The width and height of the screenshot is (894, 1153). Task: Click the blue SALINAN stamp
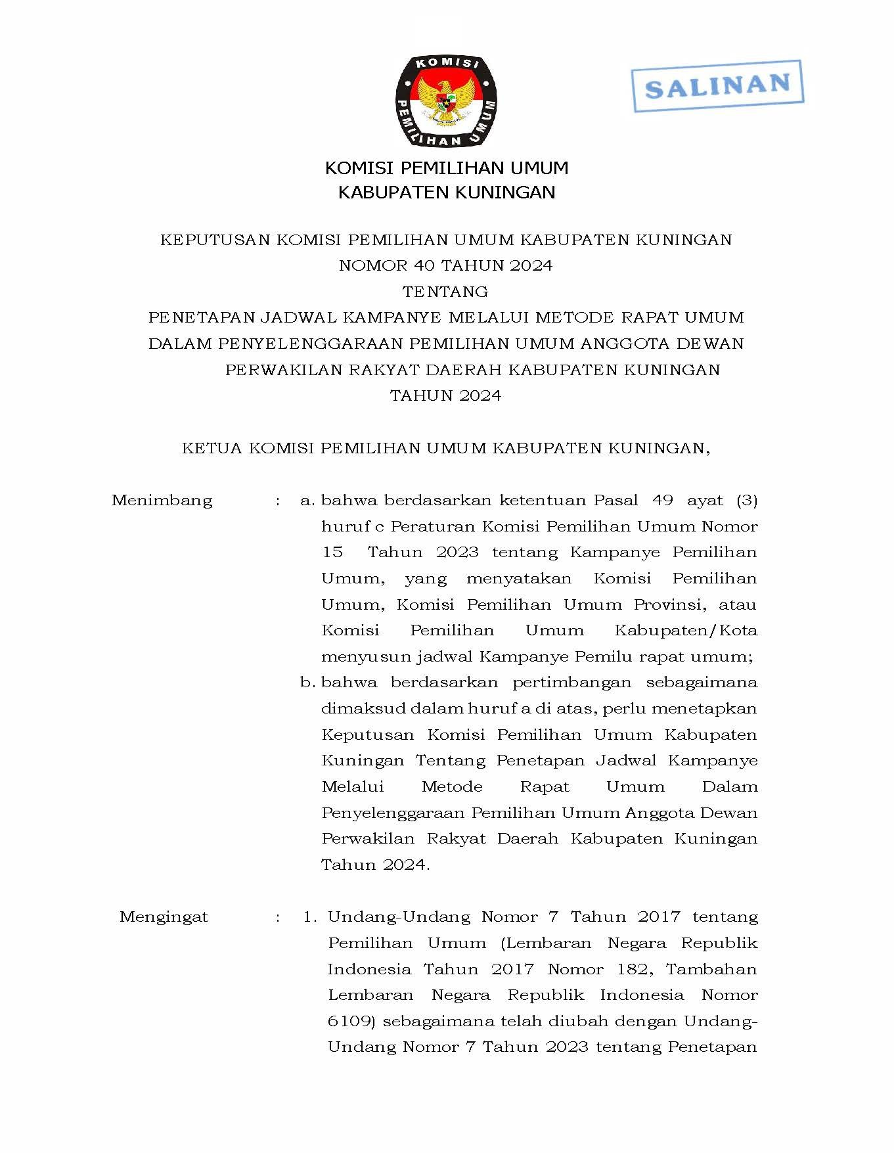(717, 85)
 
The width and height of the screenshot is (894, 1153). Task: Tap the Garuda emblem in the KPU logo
(446, 102)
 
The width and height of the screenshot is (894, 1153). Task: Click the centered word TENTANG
(445, 291)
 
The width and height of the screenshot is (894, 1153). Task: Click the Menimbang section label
(162, 501)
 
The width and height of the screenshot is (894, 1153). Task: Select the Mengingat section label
(164, 917)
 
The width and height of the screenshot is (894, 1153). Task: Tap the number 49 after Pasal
(663, 501)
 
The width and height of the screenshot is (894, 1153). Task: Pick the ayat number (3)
(747, 501)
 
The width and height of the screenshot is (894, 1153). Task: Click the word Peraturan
(433, 526)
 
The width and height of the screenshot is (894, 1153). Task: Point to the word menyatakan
(519, 579)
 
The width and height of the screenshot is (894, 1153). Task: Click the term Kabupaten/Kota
(686, 631)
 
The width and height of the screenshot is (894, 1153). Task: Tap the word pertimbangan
(572, 683)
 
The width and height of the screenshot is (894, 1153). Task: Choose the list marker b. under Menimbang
(307, 683)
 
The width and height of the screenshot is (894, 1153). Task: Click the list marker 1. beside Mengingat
(310, 917)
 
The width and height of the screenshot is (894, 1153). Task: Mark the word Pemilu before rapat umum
(603, 656)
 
